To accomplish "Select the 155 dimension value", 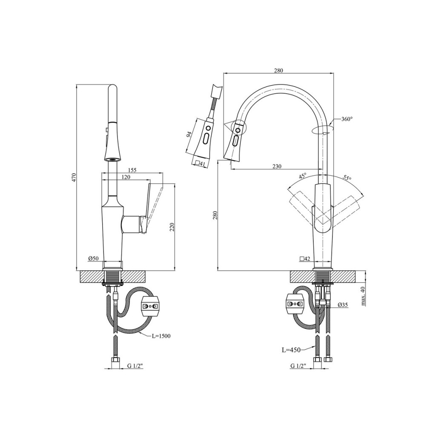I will pyautogui.click(x=132, y=170).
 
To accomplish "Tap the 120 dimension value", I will pyautogui.click(x=125, y=177).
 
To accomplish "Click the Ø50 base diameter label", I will pyautogui.click(x=93, y=258).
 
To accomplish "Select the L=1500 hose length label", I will pyautogui.click(x=161, y=336).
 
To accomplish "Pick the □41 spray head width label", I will pyautogui.click(x=199, y=163).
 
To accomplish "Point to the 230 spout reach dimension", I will pyautogui.click(x=277, y=166).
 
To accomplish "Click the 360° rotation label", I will pyautogui.click(x=347, y=119).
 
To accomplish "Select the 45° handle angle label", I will pyautogui.click(x=303, y=176).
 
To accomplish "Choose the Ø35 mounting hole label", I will pyautogui.click(x=343, y=305).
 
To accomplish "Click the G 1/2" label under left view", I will pyautogui.click(x=135, y=365).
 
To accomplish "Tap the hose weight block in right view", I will pyautogui.click(x=295, y=304).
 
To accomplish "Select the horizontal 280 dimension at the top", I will pyautogui.click(x=278, y=71).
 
